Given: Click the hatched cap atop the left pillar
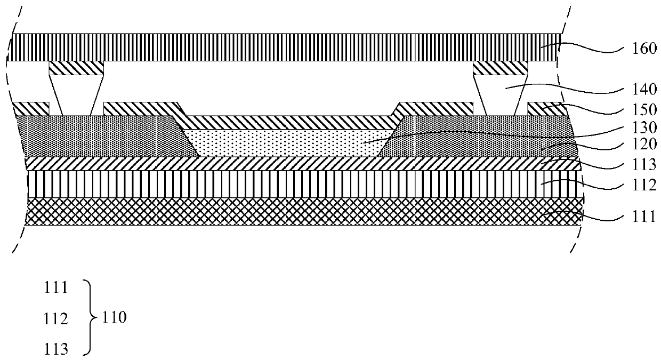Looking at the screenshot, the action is (76, 67).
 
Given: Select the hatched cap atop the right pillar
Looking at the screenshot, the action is (501, 67).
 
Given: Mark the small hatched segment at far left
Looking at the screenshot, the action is (31, 108).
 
